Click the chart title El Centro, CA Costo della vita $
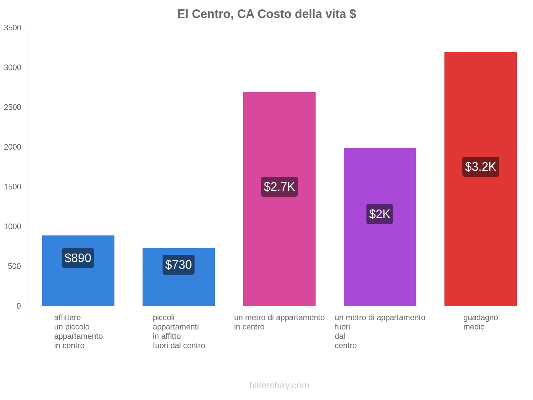(x=266, y=14)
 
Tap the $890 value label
(x=78, y=258)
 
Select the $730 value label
(x=179, y=265)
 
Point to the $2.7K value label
(x=279, y=187)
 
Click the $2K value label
(x=380, y=214)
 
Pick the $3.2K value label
(x=480, y=167)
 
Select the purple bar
(x=380, y=267)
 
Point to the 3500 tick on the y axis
(x=13, y=28)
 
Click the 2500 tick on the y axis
(x=13, y=107)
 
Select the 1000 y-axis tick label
(x=13, y=227)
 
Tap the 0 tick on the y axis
(x=19, y=306)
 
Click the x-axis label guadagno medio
(x=480, y=322)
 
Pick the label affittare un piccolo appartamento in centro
(x=78, y=332)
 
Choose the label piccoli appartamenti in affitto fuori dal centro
(x=179, y=332)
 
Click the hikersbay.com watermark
(x=279, y=385)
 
